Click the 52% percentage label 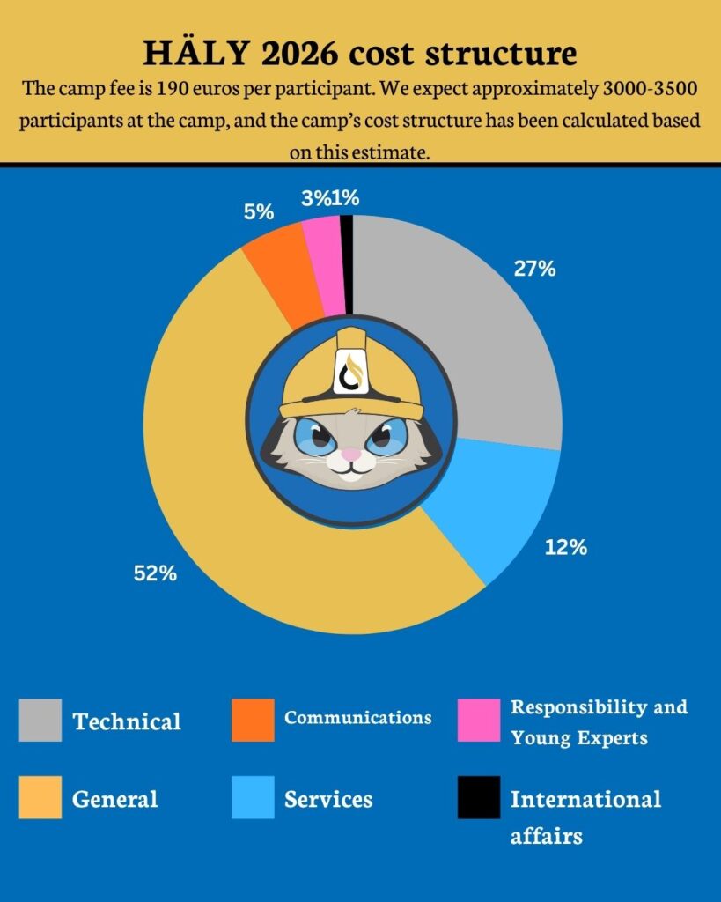coord(156,573)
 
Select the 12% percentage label coord(566,548)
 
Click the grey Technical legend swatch coord(40,720)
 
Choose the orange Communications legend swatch coord(253,720)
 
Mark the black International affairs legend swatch coord(478,797)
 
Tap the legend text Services coord(328,800)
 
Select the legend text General coord(115,800)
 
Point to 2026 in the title coord(294,55)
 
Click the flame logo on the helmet coord(351,370)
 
